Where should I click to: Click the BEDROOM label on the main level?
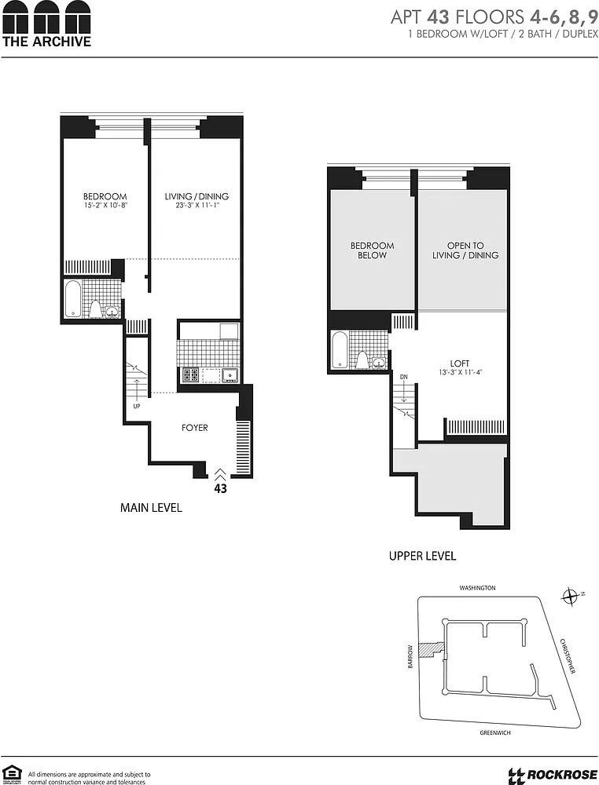(105, 197)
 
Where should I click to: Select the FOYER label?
(194, 428)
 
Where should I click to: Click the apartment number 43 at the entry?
(221, 488)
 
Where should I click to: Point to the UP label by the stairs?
(137, 406)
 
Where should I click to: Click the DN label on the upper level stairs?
(404, 377)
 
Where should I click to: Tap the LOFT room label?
(460, 363)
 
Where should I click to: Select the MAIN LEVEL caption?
(151, 508)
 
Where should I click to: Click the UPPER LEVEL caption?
(423, 556)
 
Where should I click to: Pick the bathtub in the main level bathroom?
(73, 299)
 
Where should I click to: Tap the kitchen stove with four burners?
(190, 374)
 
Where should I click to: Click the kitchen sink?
(230, 374)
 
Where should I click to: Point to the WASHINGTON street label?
(477, 588)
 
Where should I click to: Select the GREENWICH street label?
(494, 732)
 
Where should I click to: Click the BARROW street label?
(410, 655)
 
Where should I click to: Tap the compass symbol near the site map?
(570, 597)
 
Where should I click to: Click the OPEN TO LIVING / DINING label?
(465, 250)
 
